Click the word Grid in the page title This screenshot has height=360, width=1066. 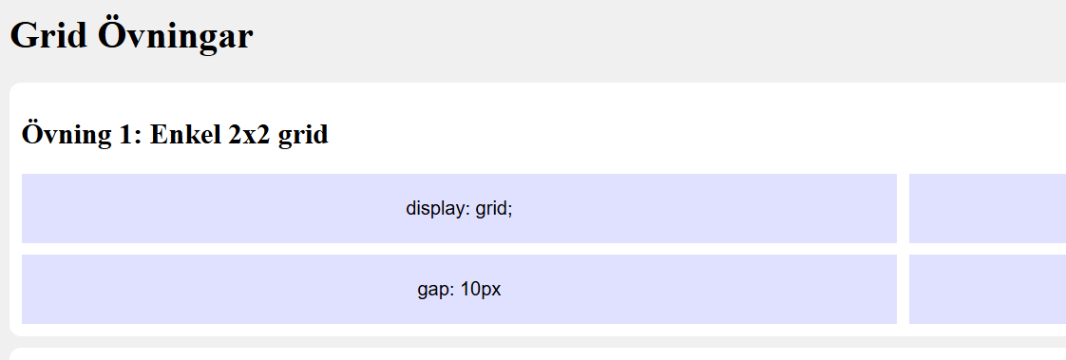point(49,35)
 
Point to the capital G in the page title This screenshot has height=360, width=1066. point(23,35)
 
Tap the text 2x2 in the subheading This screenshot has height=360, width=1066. point(250,135)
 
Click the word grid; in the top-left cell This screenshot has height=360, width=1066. point(493,209)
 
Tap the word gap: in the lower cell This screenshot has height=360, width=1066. point(436,290)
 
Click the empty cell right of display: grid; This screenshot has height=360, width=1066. point(987,209)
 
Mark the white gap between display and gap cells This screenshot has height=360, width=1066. point(459,249)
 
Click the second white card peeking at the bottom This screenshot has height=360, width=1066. point(538,354)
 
